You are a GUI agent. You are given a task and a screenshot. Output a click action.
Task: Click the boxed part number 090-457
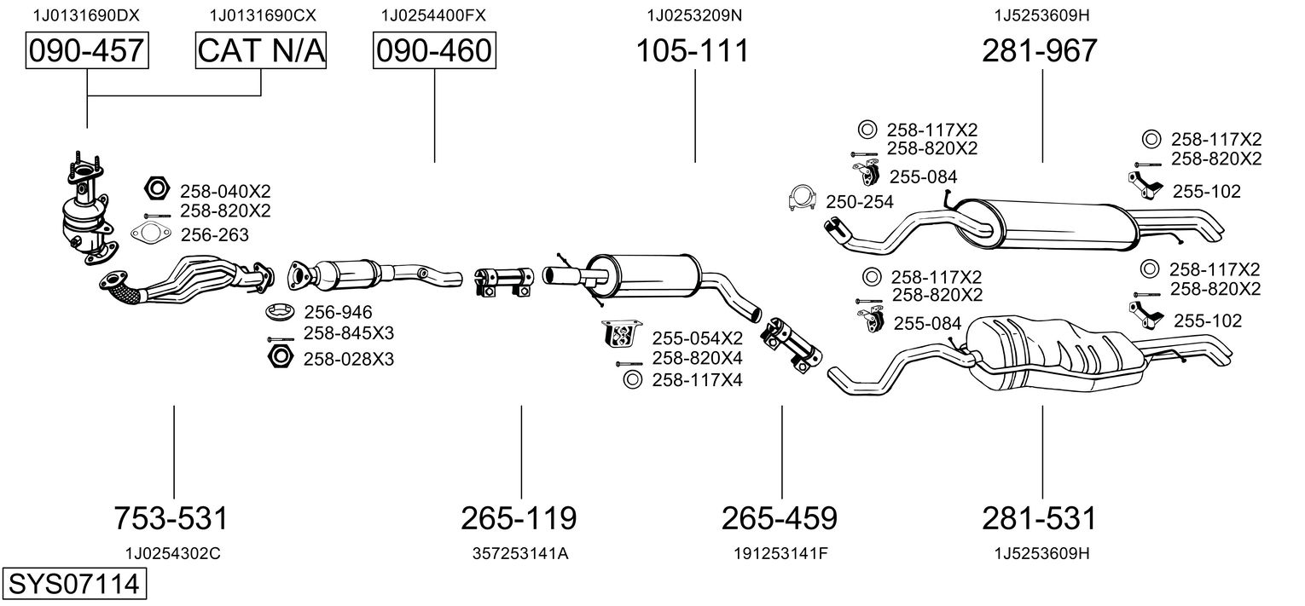pos(87,50)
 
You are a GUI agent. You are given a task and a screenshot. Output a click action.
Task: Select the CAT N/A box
pos(260,50)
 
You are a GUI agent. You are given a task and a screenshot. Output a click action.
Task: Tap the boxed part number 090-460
pos(434,50)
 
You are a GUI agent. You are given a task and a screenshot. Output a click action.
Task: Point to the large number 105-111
pos(692,50)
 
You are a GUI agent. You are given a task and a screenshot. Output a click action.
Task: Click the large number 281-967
pos(1040,50)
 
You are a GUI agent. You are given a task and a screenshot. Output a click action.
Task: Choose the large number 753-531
pos(171,518)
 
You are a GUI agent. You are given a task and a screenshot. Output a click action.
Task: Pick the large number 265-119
pos(519,518)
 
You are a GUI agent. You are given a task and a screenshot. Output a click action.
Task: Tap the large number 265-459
pos(780,518)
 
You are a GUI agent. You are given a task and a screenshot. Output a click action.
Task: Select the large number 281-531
pos(1040,518)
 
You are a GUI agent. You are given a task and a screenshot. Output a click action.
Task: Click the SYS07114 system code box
pos(74,584)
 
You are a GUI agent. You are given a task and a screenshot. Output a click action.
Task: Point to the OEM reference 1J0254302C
pos(173,553)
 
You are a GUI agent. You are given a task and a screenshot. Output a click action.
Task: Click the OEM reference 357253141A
pos(520,553)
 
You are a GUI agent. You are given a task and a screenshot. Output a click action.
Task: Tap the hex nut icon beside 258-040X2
pos(156,188)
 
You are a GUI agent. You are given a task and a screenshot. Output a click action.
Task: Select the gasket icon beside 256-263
pos(151,234)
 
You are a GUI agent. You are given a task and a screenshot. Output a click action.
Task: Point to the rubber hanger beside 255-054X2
pos(621,334)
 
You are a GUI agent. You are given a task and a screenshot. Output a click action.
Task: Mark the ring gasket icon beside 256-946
pos(281,312)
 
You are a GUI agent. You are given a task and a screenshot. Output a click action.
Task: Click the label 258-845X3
pos(348,333)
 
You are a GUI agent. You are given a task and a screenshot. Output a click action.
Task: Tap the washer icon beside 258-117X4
pos(632,379)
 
